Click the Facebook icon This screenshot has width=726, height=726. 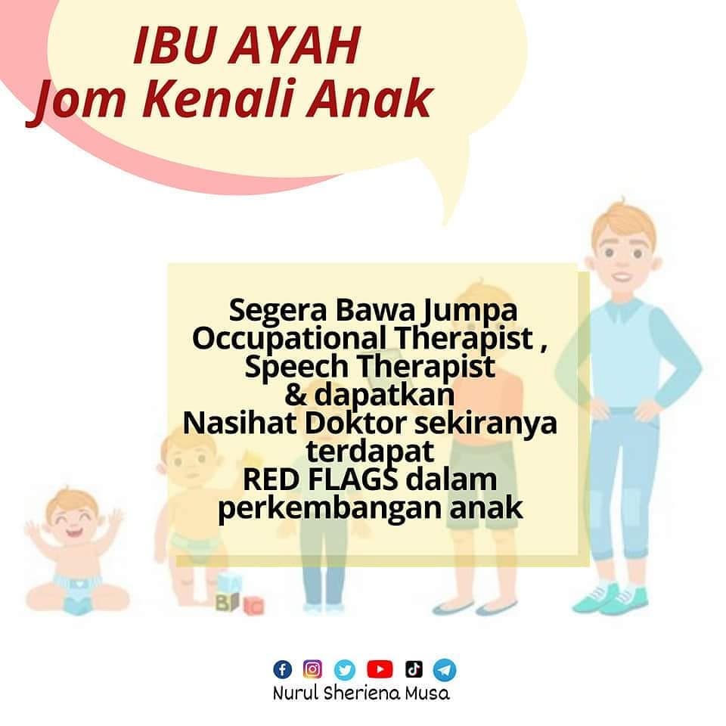click(x=282, y=669)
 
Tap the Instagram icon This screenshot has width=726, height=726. click(x=312, y=669)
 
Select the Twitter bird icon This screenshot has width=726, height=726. click(x=346, y=669)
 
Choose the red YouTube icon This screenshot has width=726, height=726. click(x=380, y=669)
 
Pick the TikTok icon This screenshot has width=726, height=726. click(x=413, y=669)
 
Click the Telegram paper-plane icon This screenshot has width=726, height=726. click(x=445, y=669)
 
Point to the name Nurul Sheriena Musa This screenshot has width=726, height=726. click(x=361, y=693)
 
